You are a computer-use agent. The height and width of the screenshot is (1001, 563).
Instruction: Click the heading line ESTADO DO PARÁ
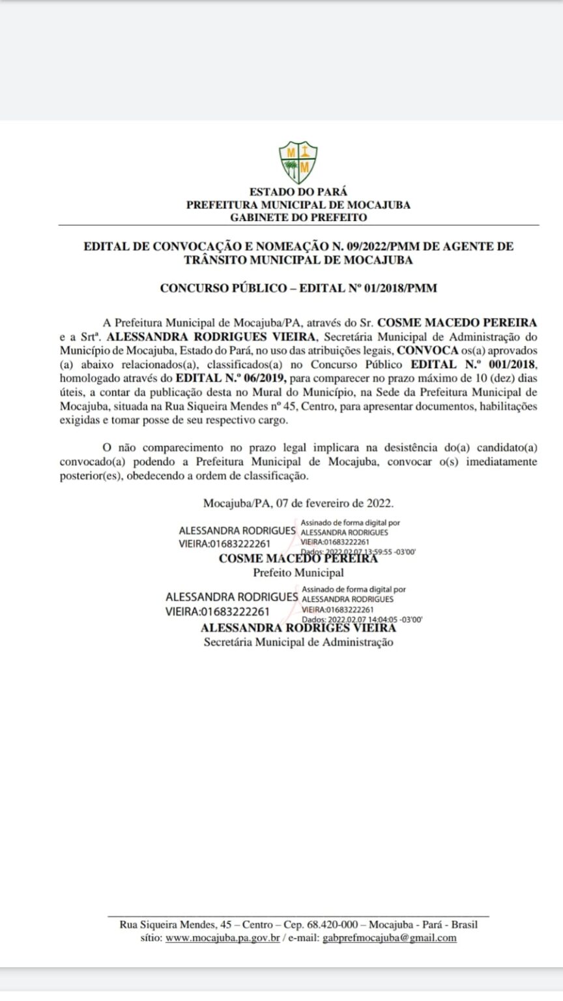298,192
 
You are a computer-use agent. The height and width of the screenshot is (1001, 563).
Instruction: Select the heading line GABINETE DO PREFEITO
298,218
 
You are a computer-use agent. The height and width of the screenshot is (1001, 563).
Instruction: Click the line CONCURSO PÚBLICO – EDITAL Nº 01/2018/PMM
298,287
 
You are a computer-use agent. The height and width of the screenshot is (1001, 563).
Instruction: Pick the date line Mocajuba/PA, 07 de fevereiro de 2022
298,503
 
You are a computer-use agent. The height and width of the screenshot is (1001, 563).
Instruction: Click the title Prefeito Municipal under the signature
298,573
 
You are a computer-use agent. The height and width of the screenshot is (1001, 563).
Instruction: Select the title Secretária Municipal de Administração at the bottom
298,642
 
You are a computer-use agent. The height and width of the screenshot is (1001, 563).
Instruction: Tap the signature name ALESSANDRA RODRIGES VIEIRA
298,628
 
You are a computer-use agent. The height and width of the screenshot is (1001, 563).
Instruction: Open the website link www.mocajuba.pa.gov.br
223,938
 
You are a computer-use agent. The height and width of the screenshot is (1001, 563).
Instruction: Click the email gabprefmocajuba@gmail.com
390,938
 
